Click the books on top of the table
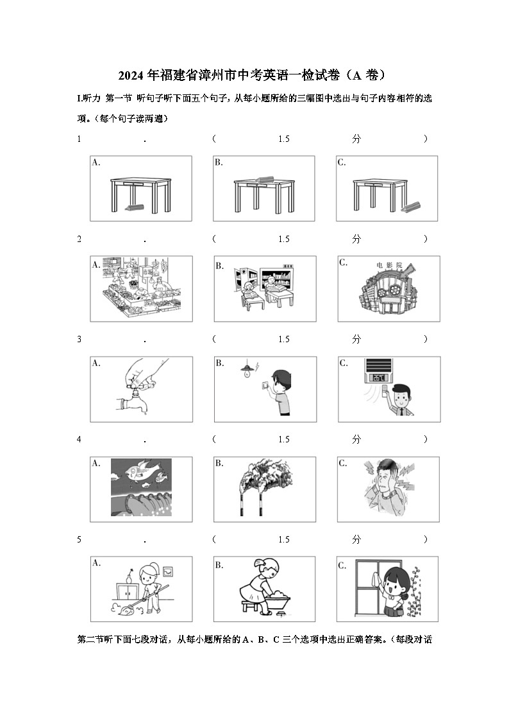(x=264, y=180)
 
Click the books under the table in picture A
(x=135, y=207)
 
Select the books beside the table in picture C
(x=411, y=207)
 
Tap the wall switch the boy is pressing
(x=262, y=387)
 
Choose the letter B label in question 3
(x=219, y=363)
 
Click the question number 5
(x=79, y=540)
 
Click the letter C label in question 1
(x=342, y=162)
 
